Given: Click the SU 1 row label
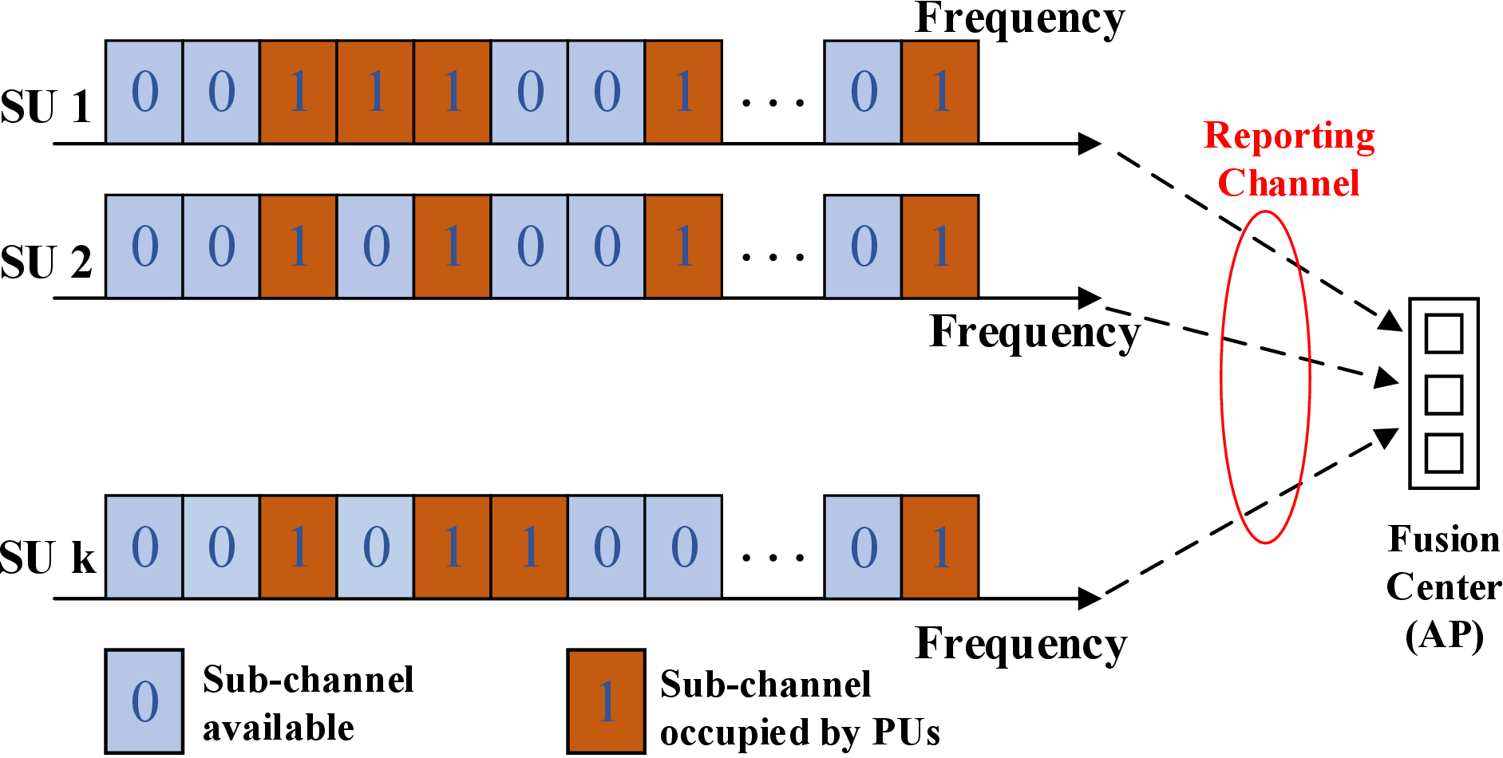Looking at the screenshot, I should click(45, 106).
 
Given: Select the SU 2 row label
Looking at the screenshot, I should click(45, 262).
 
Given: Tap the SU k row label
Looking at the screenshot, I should click(48, 557).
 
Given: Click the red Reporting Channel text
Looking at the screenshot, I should click(1288, 160).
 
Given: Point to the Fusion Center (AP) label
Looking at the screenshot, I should click(1443, 587).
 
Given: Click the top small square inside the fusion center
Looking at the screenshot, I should click(1443, 334).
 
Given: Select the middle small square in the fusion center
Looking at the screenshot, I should click(1443, 394).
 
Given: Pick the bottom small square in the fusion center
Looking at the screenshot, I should click(1443, 453).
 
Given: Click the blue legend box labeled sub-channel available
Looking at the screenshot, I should click(144, 701).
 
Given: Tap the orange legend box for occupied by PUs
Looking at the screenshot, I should click(606, 701).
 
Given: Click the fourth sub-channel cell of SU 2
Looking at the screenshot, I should click(375, 246).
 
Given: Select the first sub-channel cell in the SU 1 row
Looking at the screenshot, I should click(144, 92).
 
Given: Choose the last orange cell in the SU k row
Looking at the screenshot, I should click(940, 547).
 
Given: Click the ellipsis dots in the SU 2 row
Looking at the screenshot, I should click(772, 257).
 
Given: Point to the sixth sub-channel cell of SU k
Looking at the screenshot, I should click(529, 547).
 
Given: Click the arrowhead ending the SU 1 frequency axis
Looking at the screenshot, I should click(1090, 144).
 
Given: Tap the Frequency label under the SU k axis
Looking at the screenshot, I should click(1021, 643).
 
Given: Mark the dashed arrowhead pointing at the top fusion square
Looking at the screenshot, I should click(1391, 322).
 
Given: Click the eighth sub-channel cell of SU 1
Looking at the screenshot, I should click(683, 92).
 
